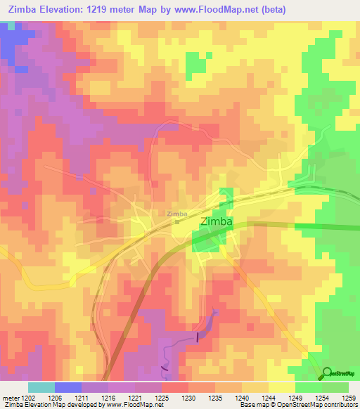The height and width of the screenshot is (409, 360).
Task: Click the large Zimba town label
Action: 218,221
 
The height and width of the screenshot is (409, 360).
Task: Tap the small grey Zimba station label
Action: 177,214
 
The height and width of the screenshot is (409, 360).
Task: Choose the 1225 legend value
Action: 163,397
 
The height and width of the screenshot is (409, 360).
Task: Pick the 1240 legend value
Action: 243,397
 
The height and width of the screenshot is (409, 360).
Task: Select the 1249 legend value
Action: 295,397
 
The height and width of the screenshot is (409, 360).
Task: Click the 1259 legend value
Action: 349,397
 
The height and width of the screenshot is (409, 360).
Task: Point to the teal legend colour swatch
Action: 41,387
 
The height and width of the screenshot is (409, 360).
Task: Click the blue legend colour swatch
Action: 67,387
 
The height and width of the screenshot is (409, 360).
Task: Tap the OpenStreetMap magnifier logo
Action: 328,372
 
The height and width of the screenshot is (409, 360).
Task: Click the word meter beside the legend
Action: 11,397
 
